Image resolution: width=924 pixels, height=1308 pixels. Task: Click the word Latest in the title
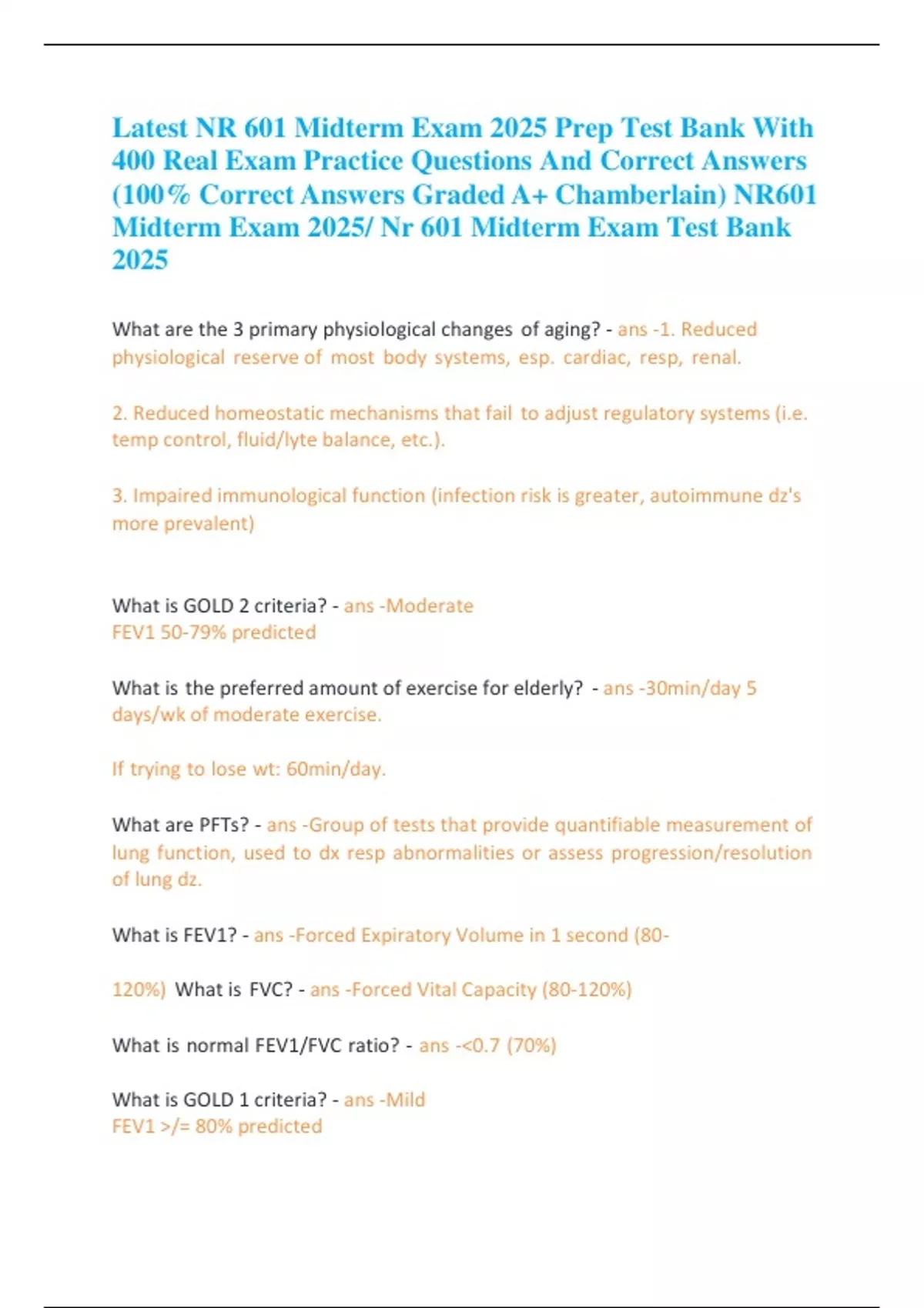(x=150, y=128)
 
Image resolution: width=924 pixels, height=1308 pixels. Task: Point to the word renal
(x=716, y=357)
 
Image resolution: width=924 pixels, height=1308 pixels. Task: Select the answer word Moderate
(x=430, y=606)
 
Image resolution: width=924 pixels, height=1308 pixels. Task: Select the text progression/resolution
(x=711, y=853)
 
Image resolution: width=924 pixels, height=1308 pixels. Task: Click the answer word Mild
(x=406, y=1100)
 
